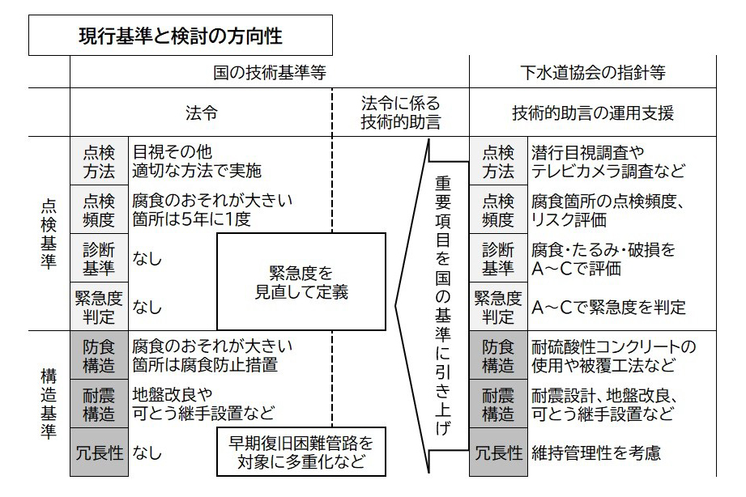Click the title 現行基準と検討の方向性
pyautogui.click(x=180, y=36)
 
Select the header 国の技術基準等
pyautogui.click(x=270, y=72)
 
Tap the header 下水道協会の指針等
pyautogui.click(x=593, y=72)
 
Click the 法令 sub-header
pyautogui.click(x=201, y=113)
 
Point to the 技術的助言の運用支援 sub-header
pyautogui.click(x=593, y=113)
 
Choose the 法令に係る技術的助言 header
pyautogui.click(x=400, y=113)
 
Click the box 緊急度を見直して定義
pyautogui.click(x=301, y=280)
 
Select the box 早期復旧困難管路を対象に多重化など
pyautogui.click(x=301, y=453)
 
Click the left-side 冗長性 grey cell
pyautogui.click(x=99, y=453)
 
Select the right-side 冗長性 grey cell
pyautogui.click(x=498, y=453)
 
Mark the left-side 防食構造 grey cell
pyautogui.click(x=99, y=356)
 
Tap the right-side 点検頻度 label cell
pyautogui.click(x=498, y=210)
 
